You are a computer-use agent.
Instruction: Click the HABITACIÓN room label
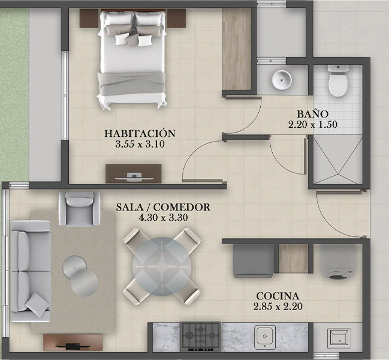(140, 133)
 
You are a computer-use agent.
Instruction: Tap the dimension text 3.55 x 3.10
(140, 144)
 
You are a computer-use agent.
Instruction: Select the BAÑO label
(313, 114)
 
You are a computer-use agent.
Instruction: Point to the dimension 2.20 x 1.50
(313, 124)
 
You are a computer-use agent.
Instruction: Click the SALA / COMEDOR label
(163, 207)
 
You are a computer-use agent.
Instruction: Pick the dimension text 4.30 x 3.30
(163, 218)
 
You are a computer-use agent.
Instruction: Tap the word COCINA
(278, 296)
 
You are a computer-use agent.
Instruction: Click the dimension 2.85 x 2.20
(278, 307)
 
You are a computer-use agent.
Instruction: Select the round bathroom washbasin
(281, 80)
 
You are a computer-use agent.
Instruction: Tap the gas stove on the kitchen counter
(201, 335)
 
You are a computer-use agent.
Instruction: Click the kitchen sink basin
(265, 336)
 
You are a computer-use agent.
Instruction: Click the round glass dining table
(161, 266)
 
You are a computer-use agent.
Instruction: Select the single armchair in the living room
(79, 209)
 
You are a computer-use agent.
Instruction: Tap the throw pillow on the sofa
(37, 304)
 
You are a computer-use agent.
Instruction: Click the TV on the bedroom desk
(134, 177)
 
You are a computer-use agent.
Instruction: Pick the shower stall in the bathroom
(337, 160)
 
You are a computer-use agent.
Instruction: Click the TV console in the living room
(73, 343)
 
